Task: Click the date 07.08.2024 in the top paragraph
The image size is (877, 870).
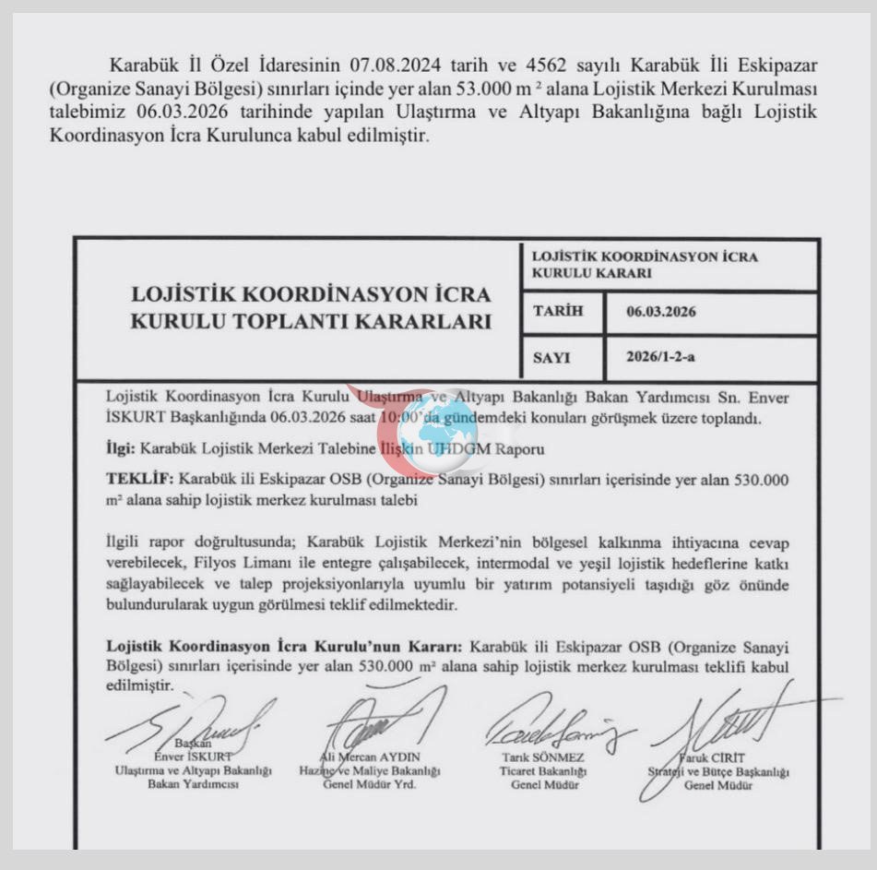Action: tap(397, 66)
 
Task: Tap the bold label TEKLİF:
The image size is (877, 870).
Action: tap(139, 480)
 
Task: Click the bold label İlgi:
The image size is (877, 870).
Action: tap(120, 449)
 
